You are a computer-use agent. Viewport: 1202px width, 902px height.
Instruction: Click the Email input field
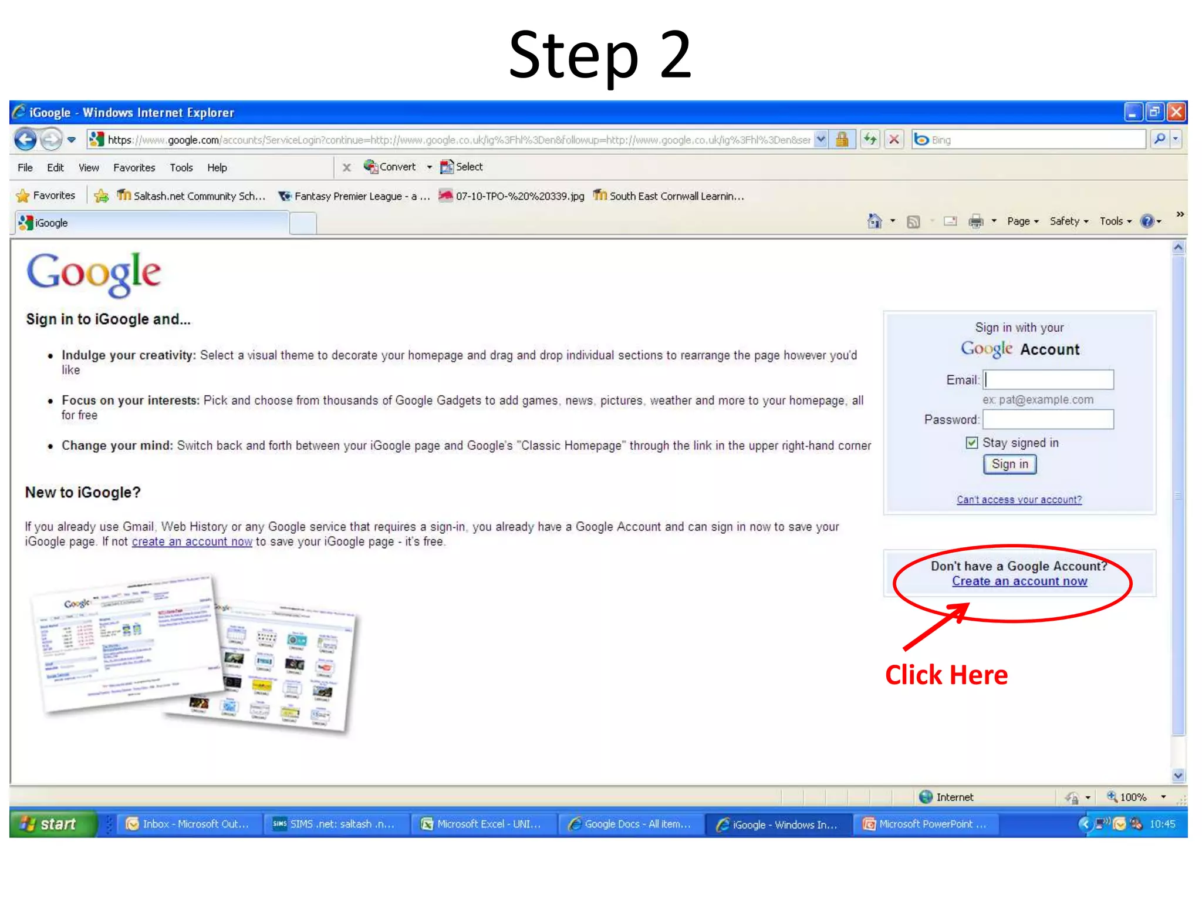pos(1048,380)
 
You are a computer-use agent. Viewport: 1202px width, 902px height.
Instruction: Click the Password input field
pos(1048,419)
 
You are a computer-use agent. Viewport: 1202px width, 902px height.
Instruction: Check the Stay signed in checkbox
pos(972,443)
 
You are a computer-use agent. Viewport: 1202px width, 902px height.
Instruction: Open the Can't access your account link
pos(1019,500)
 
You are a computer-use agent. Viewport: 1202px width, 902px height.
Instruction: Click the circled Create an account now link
pos(1019,581)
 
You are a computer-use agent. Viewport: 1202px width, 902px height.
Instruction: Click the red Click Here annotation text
pos(946,675)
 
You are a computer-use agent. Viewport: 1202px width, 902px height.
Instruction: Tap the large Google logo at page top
pos(94,274)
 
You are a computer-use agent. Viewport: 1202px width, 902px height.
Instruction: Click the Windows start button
pos(52,824)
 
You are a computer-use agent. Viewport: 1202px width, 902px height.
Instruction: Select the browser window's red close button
pos(1176,112)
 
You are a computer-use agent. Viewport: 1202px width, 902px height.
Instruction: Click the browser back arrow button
pos(25,140)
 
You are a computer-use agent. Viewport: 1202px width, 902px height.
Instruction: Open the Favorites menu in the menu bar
pos(134,168)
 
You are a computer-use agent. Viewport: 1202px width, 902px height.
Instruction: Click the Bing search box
pos(1033,140)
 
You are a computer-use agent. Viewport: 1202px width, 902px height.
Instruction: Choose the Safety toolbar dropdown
pos(1068,221)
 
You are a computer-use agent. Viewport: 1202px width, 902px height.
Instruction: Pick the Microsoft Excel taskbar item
pos(481,824)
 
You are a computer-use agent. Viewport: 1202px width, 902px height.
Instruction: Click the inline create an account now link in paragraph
pos(192,542)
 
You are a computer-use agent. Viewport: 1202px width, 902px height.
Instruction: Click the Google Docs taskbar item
pos(630,824)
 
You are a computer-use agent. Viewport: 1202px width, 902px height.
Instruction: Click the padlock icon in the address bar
pos(842,140)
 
